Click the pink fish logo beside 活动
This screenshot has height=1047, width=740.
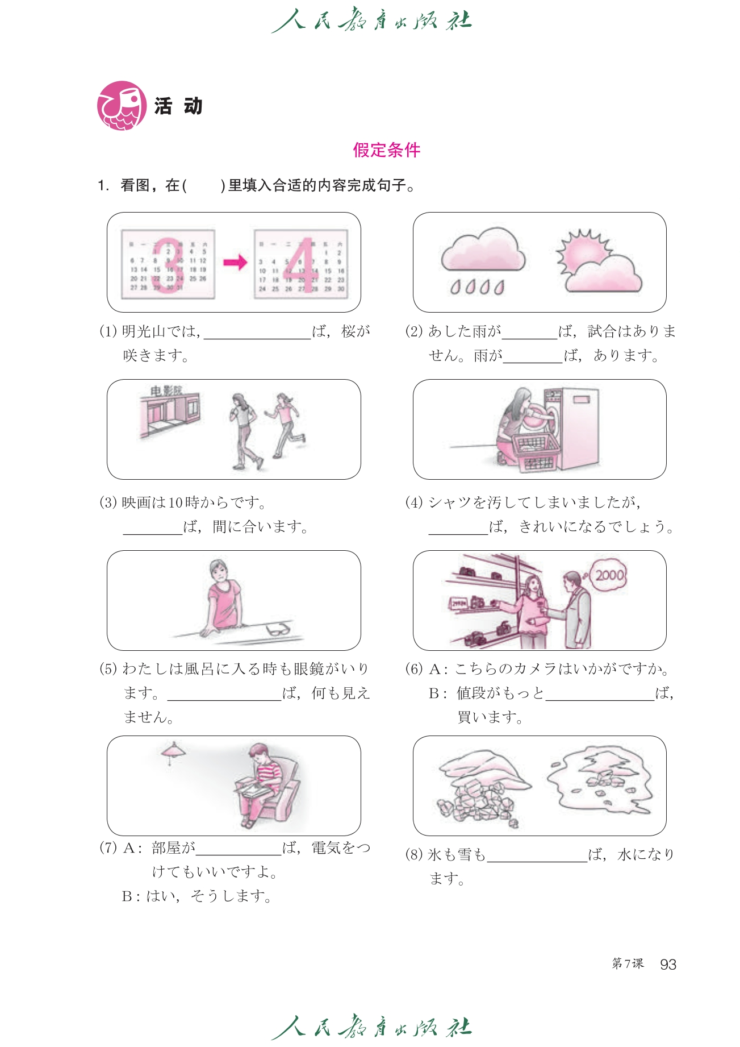coord(121,106)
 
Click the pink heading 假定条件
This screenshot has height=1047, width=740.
coord(386,150)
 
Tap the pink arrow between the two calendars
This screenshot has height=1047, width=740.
coord(235,262)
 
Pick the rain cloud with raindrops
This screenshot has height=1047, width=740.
coord(483,253)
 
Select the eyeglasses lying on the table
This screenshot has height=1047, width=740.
coord(278,630)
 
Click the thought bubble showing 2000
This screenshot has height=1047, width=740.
coord(609,575)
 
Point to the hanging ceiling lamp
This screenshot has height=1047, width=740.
coord(173,752)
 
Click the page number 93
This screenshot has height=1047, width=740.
coord(668,965)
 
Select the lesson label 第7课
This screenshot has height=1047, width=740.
coord(628,963)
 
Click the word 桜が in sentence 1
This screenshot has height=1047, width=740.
coord(356,331)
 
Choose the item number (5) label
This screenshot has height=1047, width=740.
coord(108,669)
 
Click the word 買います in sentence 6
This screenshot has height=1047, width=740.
coord(490,717)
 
